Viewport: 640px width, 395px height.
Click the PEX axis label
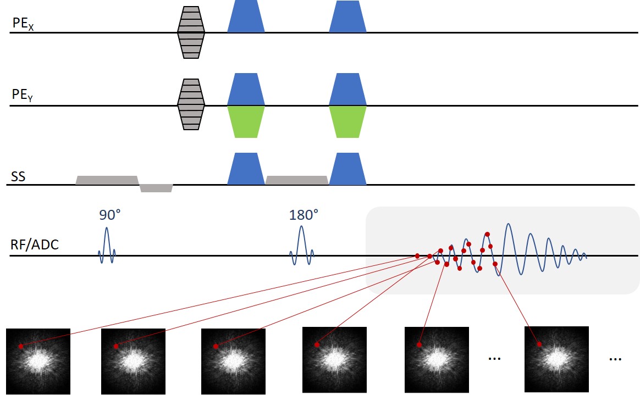[22, 25]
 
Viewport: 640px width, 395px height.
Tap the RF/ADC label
[35, 245]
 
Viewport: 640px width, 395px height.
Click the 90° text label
[110, 215]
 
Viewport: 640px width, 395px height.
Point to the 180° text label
[304, 215]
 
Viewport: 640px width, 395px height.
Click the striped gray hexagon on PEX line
[191, 32]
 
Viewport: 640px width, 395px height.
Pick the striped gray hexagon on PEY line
[191, 104]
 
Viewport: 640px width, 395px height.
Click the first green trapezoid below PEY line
[246, 121]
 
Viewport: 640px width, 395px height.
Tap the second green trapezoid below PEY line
[347, 121]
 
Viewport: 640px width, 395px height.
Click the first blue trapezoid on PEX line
[246, 17]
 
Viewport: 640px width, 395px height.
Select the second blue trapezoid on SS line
[347, 169]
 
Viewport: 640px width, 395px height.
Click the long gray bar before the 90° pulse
[106, 180]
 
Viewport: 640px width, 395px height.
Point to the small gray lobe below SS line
[156, 188]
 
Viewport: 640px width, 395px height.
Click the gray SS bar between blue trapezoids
[297, 180]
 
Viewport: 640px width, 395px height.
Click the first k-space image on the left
[38, 360]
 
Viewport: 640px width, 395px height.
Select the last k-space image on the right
[556, 359]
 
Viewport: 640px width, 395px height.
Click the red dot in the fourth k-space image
[317, 345]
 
